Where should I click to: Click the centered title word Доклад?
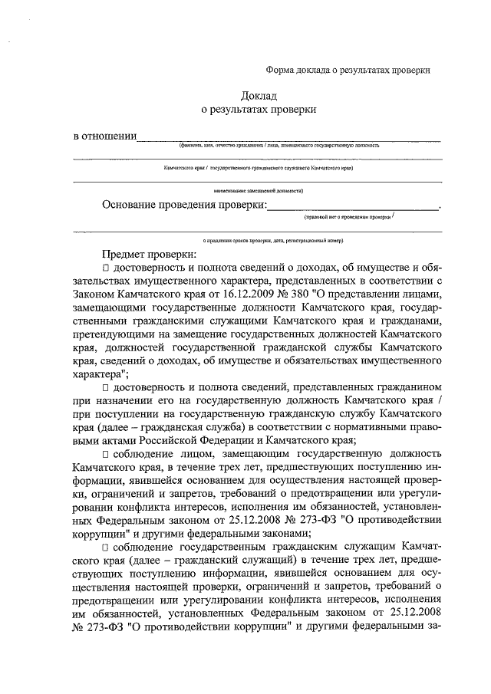[x=258, y=96]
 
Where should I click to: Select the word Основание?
[x=130, y=205]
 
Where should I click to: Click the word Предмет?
[x=122, y=254]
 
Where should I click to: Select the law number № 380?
[x=273, y=295]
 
